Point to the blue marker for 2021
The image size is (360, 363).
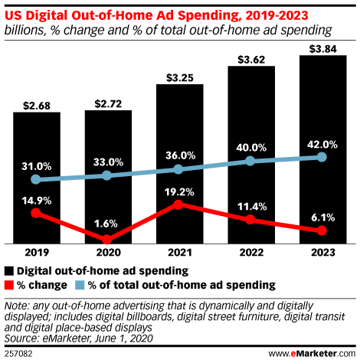click(178, 169)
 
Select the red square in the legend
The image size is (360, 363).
click(9, 285)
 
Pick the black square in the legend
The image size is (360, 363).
click(9, 271)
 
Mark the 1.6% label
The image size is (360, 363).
click(106, 224)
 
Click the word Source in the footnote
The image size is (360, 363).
click(21, 336)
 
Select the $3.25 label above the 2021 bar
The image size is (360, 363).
click(178, 77)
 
